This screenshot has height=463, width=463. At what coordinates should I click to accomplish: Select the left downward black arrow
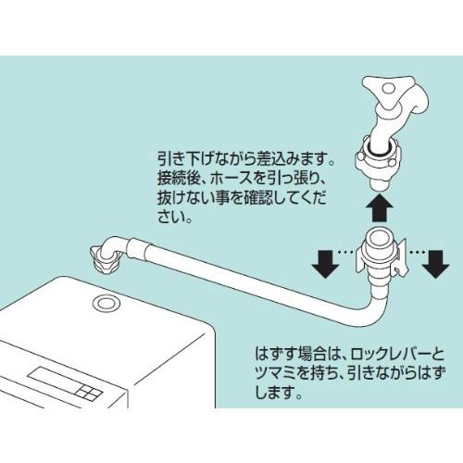(x=326, y=263)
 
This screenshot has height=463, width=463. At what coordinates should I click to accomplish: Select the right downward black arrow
(x=433, y=263)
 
